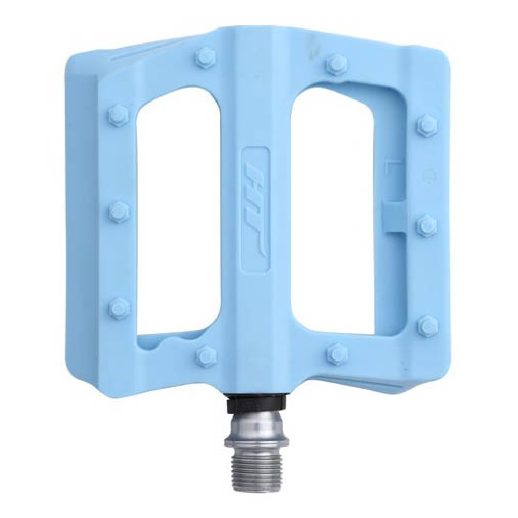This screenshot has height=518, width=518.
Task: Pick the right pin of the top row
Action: [335, 63]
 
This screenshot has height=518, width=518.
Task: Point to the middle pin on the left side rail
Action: [118, 210]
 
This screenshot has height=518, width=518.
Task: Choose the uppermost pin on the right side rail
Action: [426, 125]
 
